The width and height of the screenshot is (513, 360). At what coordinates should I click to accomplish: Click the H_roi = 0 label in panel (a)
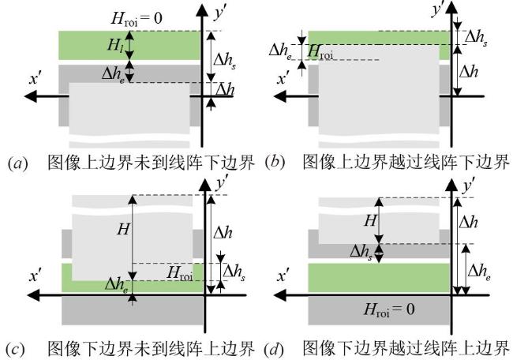(x=137, y=18)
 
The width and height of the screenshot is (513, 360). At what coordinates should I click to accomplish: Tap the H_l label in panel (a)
(x=115, y=44)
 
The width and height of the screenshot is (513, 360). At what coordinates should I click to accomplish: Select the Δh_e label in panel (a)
(x=113, y=75)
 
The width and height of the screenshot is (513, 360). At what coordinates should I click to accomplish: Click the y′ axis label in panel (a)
(x=220, y=13)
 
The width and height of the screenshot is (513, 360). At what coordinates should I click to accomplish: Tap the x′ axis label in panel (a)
(x=34, y=78)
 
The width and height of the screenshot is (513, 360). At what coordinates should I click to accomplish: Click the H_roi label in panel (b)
(x=320, y=52)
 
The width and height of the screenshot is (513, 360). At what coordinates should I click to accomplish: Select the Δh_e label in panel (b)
(x=280, y=51)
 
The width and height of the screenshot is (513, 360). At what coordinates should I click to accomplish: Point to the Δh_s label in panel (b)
(x=476, y=38)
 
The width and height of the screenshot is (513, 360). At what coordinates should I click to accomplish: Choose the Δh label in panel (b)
(x=469, y=72)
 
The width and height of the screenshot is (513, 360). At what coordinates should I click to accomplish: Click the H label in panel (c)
(x=123, y=229)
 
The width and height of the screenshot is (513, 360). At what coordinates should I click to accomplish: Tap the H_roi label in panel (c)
(x=180, y=273)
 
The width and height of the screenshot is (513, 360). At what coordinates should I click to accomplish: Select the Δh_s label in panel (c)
(x=234, y=272)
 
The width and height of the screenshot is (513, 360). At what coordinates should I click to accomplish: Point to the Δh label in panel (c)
(x=223, y=233)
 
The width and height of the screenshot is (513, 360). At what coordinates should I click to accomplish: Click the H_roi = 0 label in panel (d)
(x=389, y=309)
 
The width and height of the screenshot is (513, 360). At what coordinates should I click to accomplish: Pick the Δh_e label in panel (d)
(x=479, y=272)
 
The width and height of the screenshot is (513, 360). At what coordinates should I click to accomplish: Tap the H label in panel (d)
(x=370, y=221)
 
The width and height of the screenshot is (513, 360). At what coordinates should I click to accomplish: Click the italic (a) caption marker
(x=17, y=163)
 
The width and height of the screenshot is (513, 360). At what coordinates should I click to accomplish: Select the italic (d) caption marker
(x=274, y=349)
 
